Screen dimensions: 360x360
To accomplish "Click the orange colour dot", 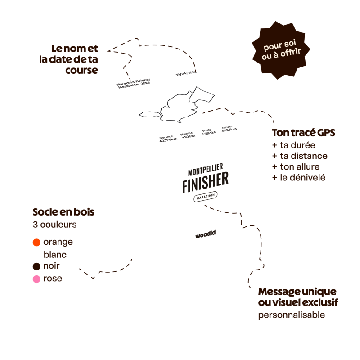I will [x=36, y=243].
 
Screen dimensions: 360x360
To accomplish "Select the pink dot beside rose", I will [x=36, y=279].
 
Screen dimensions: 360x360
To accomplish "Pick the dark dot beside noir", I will [x=36, y=267].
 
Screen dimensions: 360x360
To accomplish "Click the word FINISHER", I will [x=206, y=182].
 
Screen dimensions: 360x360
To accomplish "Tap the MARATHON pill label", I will [x=205, y=196].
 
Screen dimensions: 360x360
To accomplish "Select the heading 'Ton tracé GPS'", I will [x=303, y=134].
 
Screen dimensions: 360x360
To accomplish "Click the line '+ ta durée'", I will [x=293, y=145].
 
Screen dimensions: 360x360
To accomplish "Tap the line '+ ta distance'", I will [x=299, y=156].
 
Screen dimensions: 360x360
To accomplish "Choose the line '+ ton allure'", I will [x=296, y=167].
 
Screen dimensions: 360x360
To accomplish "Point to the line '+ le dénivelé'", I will [x=299, y=178].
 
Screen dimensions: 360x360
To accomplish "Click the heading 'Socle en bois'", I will [x=63, y=212].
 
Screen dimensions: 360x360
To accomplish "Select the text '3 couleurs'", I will [x=54, y=224].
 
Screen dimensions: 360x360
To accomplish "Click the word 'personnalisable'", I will [x=291, y=315].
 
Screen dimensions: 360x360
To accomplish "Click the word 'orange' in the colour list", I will [x=58, y=243].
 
